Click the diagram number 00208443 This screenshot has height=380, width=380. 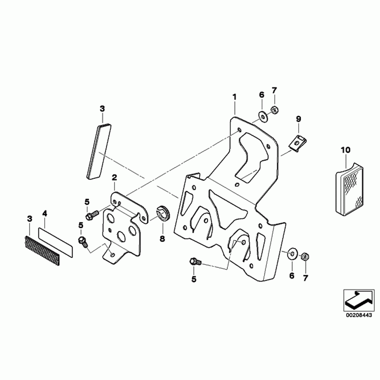point(359,316)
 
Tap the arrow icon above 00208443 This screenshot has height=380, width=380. point(359,300)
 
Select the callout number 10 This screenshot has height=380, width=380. point(346,150)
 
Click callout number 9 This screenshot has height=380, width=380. point(299,119)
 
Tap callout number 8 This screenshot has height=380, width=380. point(162,239)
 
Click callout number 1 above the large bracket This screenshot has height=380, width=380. point(234,97)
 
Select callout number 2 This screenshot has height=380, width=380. point(114,178)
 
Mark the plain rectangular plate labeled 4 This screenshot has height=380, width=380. point(56,242)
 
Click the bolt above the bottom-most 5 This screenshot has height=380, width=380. point(195,262)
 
